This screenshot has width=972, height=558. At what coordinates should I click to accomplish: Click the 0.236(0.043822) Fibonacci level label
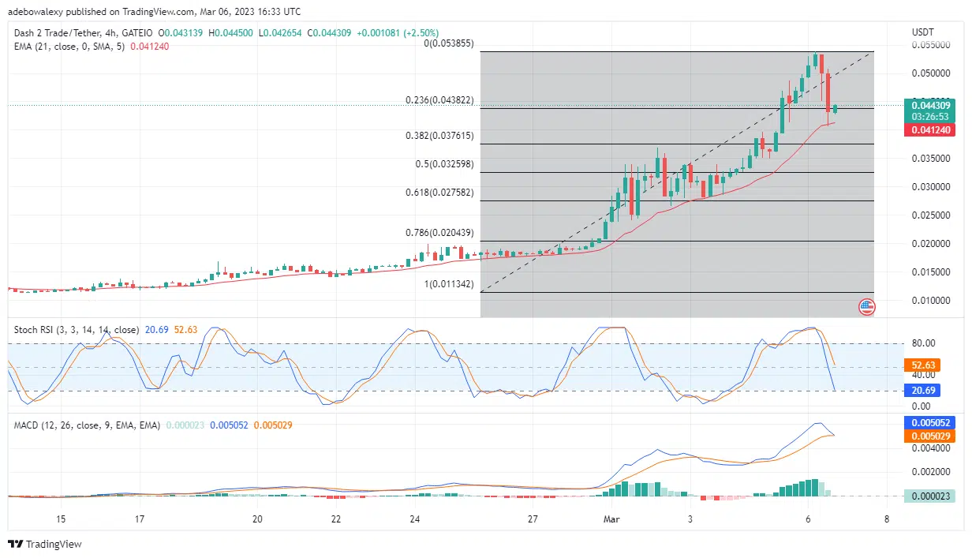(439, 100)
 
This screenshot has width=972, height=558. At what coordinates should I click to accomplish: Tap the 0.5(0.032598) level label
(445, 164)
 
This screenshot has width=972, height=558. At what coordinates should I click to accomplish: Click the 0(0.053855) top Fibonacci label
(448, 43)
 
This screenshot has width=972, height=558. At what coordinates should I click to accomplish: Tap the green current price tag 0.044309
(929, 105)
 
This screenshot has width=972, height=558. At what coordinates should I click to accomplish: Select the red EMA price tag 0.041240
(929, 129)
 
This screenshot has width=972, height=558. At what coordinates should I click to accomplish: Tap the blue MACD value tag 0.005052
(929, 422)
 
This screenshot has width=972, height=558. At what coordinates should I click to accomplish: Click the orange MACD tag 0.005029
(929, 436)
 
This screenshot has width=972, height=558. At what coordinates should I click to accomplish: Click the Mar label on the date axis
(611, 519)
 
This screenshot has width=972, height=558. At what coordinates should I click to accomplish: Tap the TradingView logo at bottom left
(45, 544)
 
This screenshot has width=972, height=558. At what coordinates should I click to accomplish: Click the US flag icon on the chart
(866, 306)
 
